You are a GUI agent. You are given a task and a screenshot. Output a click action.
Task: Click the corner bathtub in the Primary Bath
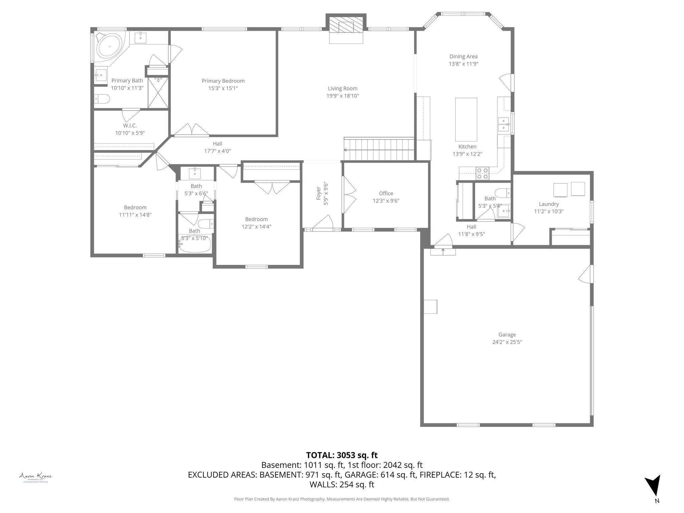110,46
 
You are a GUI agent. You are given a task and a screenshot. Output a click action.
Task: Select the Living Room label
342,89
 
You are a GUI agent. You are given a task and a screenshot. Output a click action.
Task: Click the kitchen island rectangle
466,119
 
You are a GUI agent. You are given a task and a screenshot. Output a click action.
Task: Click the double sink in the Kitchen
504,124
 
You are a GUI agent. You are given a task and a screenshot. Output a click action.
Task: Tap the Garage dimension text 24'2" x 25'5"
507,342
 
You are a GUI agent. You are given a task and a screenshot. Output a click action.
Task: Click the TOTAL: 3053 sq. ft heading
342,455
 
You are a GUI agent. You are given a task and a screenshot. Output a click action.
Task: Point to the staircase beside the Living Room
379,149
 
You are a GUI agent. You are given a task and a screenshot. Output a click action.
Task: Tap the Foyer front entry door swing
324,222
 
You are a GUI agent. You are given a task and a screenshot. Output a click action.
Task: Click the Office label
386,193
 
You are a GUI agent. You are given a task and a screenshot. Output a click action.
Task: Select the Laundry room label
549,204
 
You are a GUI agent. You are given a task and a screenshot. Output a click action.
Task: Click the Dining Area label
463,56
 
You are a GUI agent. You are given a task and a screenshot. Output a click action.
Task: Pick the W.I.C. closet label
130,126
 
